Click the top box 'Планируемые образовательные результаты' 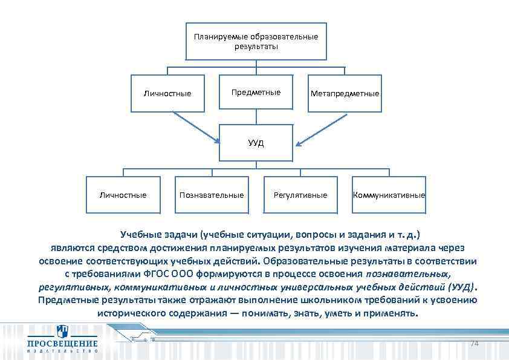[256, 41]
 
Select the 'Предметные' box [256, 93]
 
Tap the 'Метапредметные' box [345, 94]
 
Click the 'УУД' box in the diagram [256, 143]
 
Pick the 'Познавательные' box [212, 195]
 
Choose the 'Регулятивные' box [300, 195]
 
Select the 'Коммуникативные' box [389, 195]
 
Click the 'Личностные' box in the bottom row [123, 195]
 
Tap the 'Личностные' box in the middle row [167, 94]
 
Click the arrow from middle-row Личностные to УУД [195, 127]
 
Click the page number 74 [474, 344]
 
